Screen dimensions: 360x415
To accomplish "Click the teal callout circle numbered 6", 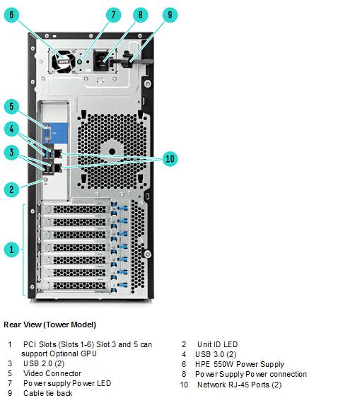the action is coord(11,15).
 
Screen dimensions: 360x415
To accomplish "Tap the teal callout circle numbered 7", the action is coord(114,15).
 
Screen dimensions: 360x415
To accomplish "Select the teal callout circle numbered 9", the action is coord(170,15).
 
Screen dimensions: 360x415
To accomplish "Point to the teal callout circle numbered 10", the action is coord(170,158).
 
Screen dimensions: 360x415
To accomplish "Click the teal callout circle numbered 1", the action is coord(11,250).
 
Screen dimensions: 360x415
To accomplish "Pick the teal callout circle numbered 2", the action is coord(11,189).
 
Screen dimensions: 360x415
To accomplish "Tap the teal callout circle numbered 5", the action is coord(11,106).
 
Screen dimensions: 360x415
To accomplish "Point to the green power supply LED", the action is coord(79,62).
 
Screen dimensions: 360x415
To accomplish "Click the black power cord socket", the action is coord(102,62).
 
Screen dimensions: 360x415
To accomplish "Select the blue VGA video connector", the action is coord(47,134).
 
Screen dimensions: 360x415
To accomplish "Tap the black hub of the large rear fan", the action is coord(112,152).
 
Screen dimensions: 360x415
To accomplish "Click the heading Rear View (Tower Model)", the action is coord(50,325).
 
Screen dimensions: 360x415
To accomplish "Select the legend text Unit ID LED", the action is coord(218,344).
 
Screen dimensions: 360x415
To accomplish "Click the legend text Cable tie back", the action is coord(48,393).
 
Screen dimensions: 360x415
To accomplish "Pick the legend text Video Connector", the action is coord(52,373).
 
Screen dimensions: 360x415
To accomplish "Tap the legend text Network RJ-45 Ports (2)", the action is coord(239,385).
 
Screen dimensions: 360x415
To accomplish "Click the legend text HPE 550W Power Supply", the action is coord(240,364).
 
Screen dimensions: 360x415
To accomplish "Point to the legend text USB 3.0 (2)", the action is coord(216,354).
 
